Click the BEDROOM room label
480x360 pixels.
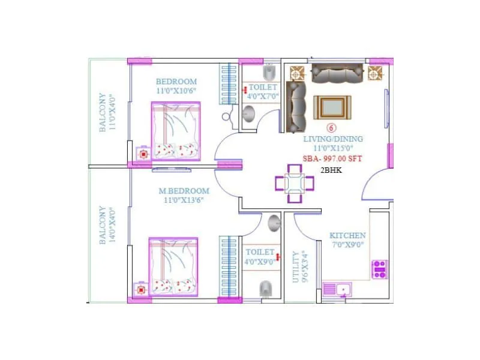click(176, 82)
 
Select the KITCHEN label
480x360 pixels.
click(347, 236)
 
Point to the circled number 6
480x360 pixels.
click(331, 128)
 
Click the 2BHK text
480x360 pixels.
click(332, 170)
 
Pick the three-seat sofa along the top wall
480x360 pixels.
click(338, 73)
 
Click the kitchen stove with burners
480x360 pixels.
click(380, 269)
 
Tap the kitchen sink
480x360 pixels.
click(338, 289)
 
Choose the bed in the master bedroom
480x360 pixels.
click(174, 266)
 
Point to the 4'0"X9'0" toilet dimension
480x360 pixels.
click(260, 262)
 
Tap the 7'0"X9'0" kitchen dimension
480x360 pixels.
click(347, 245)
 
